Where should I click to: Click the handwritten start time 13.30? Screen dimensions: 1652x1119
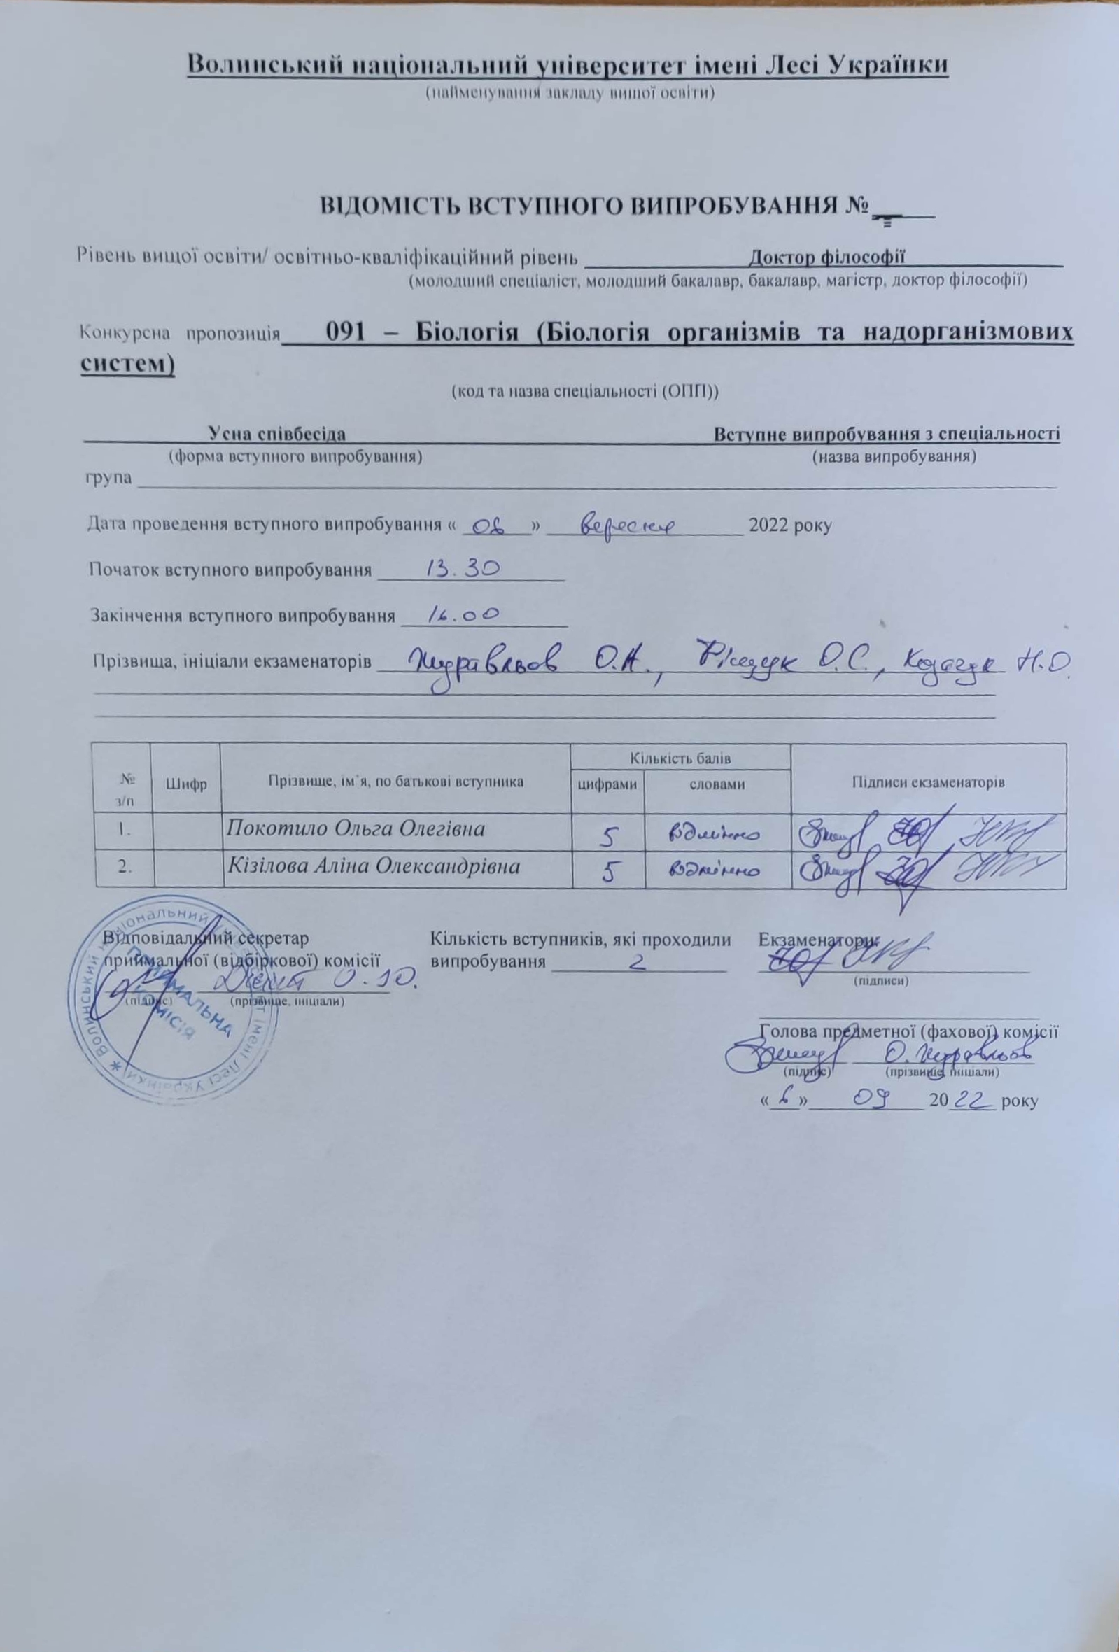463,569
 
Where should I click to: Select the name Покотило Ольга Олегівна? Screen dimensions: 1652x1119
356,828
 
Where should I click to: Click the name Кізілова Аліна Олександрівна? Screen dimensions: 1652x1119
372,866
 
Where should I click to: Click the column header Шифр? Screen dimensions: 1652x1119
185,784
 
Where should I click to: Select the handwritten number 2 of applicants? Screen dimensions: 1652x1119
638,963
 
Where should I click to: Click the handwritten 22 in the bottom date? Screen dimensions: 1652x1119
971,1100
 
